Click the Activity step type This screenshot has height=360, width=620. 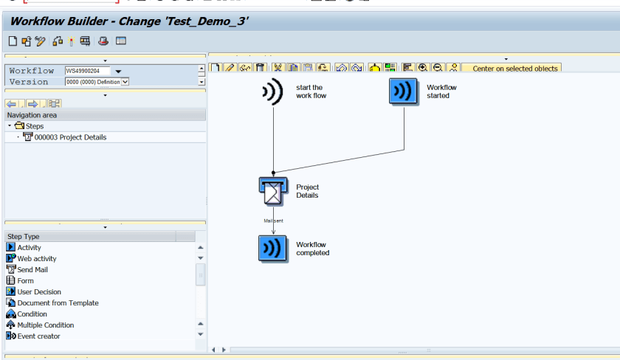tap(29, 248)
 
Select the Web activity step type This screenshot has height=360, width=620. tap(36, 259)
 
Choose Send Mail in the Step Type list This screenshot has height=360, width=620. tap(32, 270)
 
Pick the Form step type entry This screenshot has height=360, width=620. tap(25, 281)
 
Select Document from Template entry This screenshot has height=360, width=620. tap(58, 303)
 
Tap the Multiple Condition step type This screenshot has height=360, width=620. tap(45, 325)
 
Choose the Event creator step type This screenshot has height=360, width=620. tap(38, 336)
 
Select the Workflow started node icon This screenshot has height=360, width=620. tap(404, 91)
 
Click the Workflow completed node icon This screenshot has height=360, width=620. tap(272, 249)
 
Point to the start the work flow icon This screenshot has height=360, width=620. tap(272, 91)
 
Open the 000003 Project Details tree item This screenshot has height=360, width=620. tap(70, 137)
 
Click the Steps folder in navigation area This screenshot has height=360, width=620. tap(34, 126)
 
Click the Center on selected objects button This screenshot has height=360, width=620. tap(515, 69)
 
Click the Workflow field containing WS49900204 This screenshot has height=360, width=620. tap(87, 71)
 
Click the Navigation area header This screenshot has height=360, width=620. tap(32, 115)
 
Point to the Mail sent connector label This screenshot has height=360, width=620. tap(274, 221)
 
